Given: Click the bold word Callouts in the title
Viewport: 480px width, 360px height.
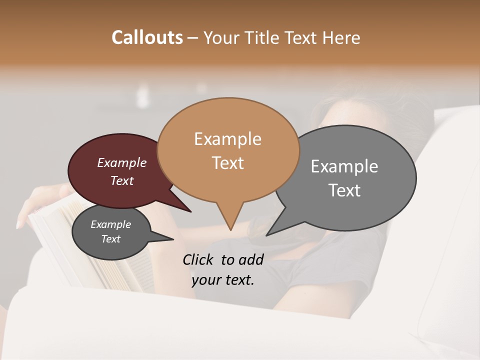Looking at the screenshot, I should [x=147, y=37].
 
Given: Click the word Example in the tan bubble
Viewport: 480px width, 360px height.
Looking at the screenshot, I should [x=227, y=139].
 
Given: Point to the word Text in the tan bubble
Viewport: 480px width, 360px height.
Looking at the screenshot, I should [x=228, y=162].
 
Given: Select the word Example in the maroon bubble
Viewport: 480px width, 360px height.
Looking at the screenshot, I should [x=121, y=162].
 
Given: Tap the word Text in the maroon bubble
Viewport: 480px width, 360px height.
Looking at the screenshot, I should [x=122, y=180].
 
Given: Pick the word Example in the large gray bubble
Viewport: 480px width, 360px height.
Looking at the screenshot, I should [x=344, y=166].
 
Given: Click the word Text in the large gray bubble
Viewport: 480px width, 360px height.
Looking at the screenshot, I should [x=344, y=190].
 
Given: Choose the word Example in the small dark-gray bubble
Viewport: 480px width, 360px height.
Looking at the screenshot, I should [x=110, y=224].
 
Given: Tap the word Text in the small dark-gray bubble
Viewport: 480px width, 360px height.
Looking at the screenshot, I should [x=110, y=239].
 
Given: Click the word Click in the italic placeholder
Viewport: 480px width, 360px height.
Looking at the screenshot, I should [x=198, y=259].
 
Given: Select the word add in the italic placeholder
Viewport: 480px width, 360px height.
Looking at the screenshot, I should [x=252, y=259].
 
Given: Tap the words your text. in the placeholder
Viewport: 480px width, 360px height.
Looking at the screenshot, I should [x=222, y=280].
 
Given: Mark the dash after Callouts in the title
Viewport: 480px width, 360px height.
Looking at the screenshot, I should [x=193, y=38].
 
